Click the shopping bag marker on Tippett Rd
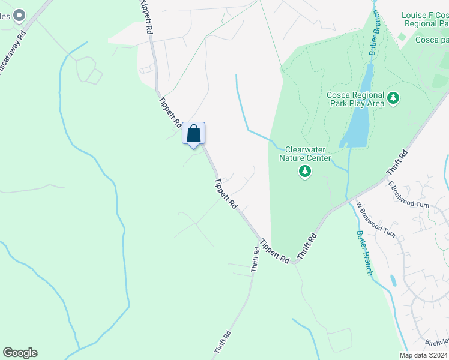(x=193, y=133)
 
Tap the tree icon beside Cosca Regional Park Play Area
(x=393, y=98)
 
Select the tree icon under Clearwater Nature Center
(x=305, y=172)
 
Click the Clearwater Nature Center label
(x=307, y=154)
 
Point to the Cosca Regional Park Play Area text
(x=355, y=99)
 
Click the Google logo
(x=20, y=353)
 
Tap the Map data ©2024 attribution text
(x=423, y=355)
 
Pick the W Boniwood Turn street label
(x=375, y=219)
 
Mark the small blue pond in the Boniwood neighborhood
(x=393, y=280)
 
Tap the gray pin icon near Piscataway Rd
(x=19, y=15)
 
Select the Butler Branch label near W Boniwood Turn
(x=364, y=253)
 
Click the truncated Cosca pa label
(x=432, y=40)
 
